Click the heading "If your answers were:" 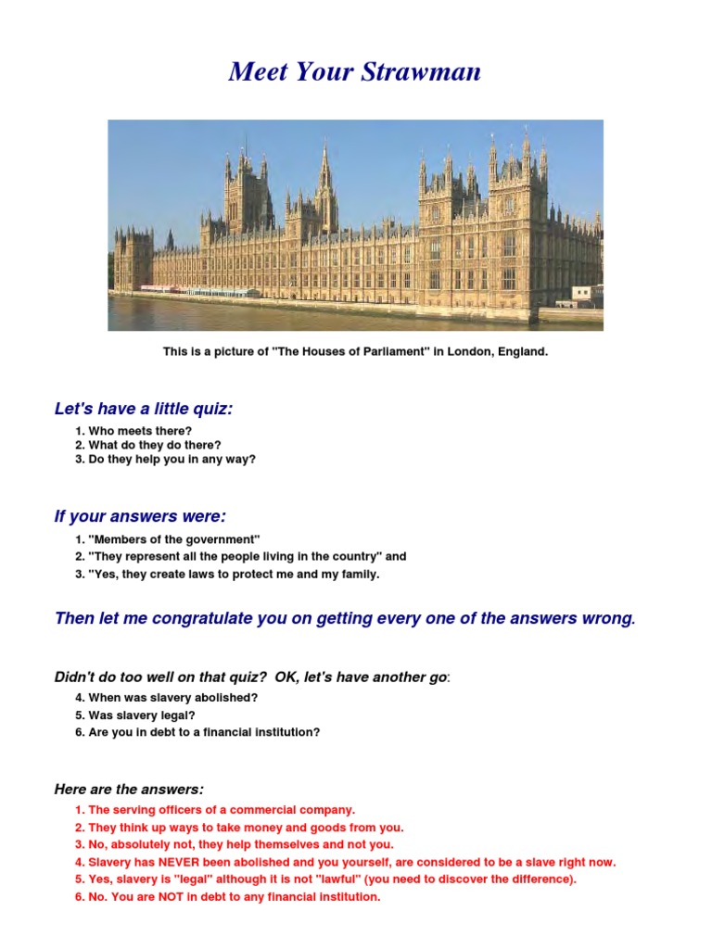(140, 515)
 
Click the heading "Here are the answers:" (129, 789)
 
